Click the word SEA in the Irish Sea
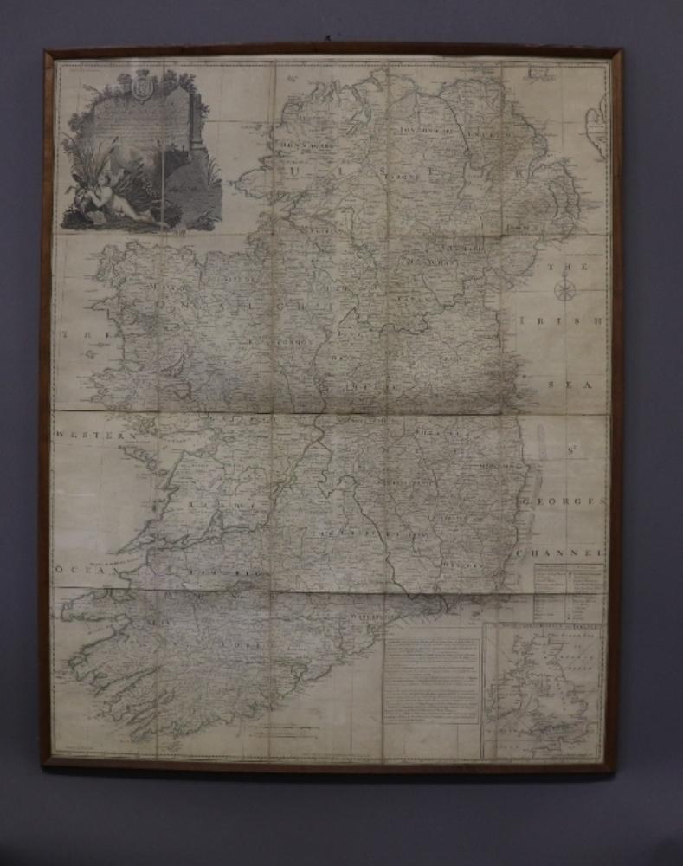(x=567, y=381)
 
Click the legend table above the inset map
(x=568, y=589)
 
